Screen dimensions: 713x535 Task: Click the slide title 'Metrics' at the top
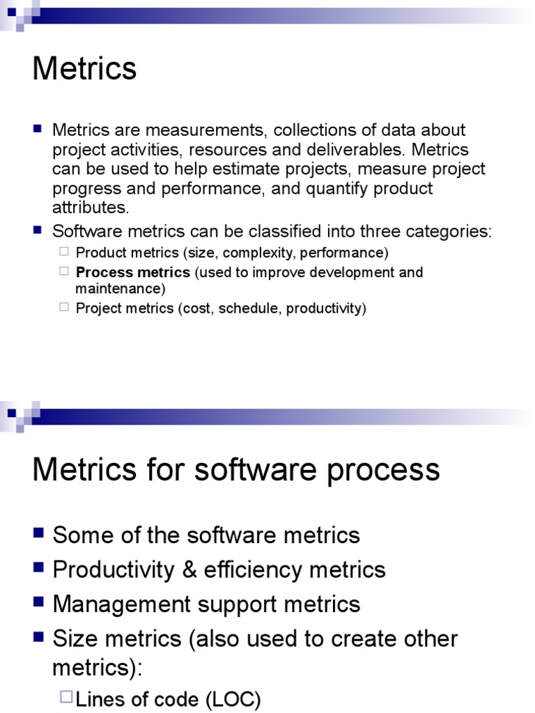point(84,69)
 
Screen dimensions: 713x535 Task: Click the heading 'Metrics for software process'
point(236,469)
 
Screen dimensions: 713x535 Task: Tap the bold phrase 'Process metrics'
point(132,272)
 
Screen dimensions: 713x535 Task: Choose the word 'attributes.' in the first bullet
point(91,207)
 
